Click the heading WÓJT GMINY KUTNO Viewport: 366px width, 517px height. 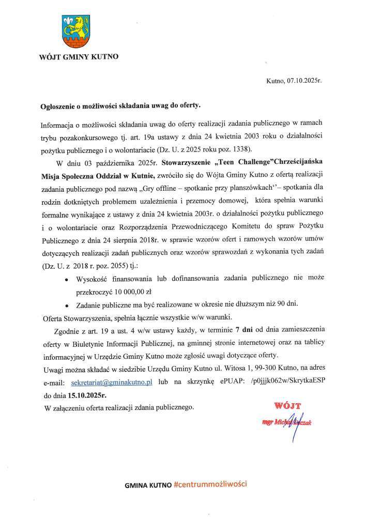[78, 56]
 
